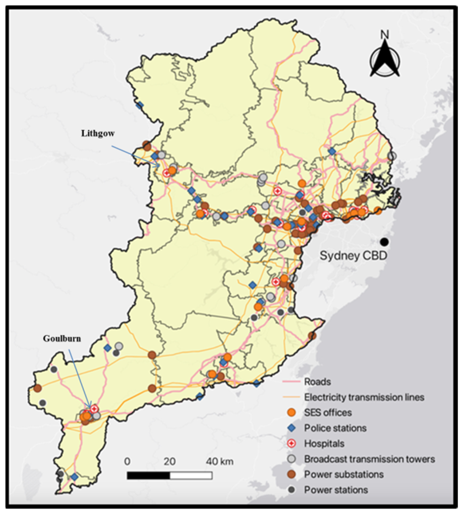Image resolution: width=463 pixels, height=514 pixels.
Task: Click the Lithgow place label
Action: point(98,134)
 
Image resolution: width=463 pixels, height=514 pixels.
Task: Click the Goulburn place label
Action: point(62,339)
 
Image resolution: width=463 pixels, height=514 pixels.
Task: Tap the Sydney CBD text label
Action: point(353,256)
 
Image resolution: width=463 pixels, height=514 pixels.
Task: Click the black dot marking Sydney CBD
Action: point(384,242)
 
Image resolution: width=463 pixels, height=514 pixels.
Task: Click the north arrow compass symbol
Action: point(385,61)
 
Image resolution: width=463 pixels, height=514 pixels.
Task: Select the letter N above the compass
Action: point(385,35)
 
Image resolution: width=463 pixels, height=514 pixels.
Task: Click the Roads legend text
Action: point(317,382)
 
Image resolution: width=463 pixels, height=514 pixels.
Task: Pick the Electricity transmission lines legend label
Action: point(364,397)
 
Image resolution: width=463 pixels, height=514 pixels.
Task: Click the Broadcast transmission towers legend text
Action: point(369,459)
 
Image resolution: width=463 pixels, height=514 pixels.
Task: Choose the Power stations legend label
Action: point(336,490)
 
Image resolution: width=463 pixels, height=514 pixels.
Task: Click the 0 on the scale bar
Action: point(127,461)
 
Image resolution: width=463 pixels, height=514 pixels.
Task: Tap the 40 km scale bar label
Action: point(220,461)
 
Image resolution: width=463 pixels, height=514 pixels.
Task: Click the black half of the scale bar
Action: point(148,475)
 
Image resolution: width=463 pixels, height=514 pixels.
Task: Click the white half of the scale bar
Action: point(191,475)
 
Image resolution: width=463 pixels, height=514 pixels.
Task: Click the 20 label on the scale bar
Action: point(169,461)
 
